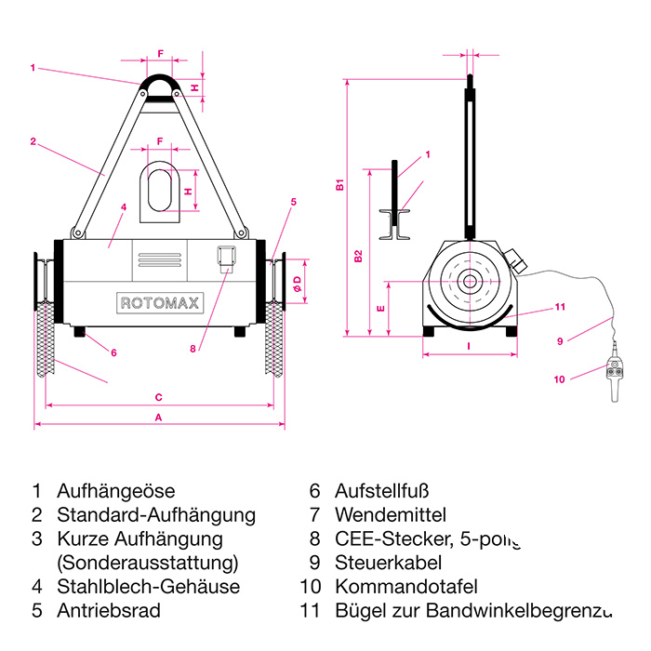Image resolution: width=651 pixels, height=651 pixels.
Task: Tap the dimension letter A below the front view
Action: click(x=159, y=418)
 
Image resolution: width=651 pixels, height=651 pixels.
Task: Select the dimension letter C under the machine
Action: click(x=159, y=397)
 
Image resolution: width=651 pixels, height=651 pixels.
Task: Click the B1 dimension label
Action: click(x=340, y=185)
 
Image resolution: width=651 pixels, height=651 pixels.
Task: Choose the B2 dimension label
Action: click(x=359, y=257)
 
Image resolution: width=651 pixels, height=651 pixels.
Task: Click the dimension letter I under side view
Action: click(x=469, y=346)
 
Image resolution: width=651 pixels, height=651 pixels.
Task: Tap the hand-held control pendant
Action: click(x=615, y=373)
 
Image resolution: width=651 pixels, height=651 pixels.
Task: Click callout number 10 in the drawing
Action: click(x=559, y=379)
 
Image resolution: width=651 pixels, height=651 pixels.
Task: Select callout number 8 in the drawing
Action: click(x=193, y=350)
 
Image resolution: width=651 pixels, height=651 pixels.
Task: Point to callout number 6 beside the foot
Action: click(x=113, y=352)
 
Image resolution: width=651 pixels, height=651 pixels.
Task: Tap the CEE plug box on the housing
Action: click(x=224, y=259)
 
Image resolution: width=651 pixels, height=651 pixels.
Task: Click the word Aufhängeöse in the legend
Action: click(x=115, y=490)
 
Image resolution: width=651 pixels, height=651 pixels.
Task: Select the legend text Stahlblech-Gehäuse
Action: click(x=148, y=587)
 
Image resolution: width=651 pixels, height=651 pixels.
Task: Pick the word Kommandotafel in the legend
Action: click(x=405, y=587)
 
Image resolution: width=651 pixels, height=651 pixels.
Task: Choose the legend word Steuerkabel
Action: click(x=388, y=563)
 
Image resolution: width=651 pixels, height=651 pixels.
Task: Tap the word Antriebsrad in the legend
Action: click(x=108, y=611)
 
